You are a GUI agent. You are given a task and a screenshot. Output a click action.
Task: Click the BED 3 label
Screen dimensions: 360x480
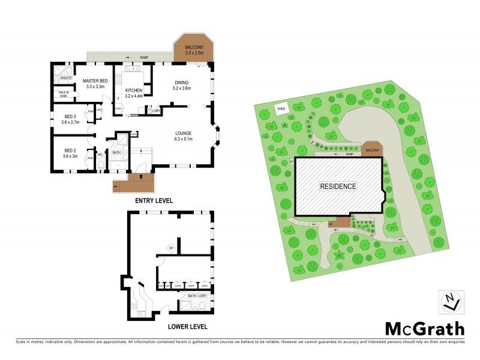[x=70, y=119]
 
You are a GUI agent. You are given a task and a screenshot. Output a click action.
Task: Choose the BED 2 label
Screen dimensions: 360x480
[x=70, y=153]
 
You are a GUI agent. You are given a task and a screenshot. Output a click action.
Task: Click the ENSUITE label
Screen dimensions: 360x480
[x=67, y=78]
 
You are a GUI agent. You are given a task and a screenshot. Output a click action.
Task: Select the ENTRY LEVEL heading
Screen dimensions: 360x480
[x=154, y=201]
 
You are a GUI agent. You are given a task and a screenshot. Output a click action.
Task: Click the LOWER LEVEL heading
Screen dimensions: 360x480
[x=188, y=326]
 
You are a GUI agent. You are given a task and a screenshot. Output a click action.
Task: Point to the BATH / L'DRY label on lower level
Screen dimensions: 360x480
[x=197, y=296]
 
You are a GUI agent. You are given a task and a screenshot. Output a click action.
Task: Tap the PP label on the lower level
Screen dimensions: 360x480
[x=170, y=247]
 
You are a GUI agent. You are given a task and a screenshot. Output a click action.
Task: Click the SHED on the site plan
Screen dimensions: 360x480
[x=280, y=109]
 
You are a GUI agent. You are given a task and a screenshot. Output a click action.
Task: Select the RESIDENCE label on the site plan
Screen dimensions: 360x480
[x=338, y=186]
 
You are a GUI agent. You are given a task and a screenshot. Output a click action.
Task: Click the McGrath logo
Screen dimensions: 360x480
[x=424, y=328]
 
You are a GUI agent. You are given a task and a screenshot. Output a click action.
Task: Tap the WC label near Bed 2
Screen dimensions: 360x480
[x=100, y=155]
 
